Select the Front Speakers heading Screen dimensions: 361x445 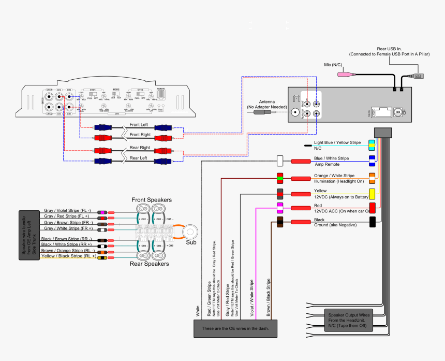pos(152,200)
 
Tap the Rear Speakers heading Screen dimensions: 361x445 pos(149,264)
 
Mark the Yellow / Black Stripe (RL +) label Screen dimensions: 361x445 pos(68,256)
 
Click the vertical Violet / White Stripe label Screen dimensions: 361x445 pos(253,298)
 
